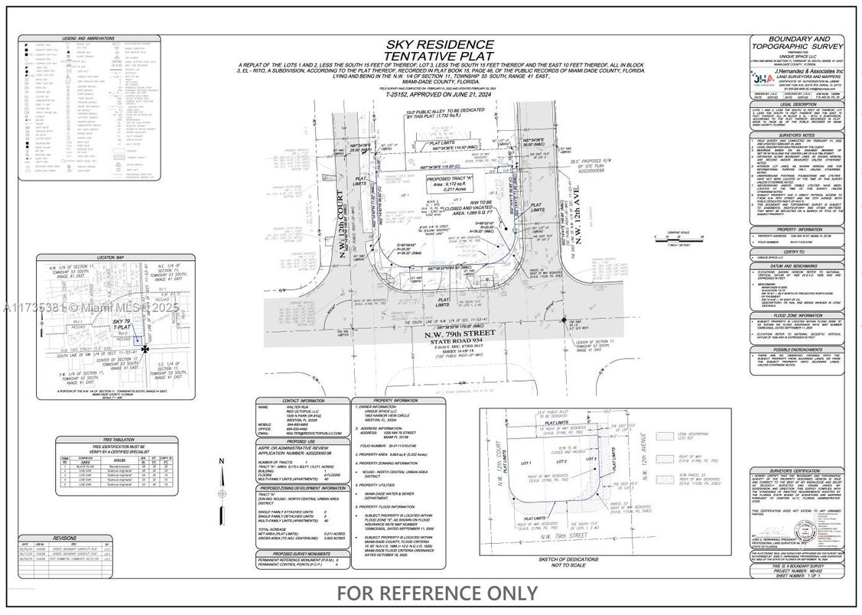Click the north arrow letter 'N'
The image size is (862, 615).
221,460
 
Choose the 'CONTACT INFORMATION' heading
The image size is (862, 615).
302,400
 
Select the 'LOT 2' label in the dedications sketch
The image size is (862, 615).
561,462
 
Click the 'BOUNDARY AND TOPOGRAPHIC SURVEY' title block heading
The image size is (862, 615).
799,43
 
